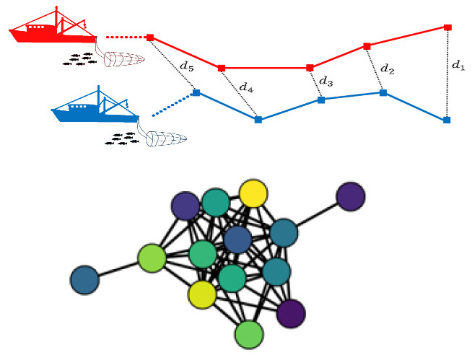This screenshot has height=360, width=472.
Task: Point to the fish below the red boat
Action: point(79,59)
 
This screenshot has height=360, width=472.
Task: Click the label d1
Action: point(458,65)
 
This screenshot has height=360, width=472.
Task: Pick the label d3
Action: point(326,80)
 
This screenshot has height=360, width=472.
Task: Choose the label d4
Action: point(247,88)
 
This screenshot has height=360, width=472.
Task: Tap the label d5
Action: point(186,66)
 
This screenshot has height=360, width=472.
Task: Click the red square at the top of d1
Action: point(447,27)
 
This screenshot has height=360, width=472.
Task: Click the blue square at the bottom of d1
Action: point(447,119)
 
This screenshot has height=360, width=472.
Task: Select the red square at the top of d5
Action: point(149,37)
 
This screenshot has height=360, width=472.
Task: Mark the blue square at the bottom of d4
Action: point(258,120)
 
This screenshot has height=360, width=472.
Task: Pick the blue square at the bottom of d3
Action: point(321,100)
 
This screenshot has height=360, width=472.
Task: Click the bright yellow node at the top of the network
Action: point(253,193)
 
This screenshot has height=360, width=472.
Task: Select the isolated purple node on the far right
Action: point(350,196)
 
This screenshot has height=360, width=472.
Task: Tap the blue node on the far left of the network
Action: point(85,280)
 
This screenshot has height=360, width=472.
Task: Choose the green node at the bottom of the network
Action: point(249,334)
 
